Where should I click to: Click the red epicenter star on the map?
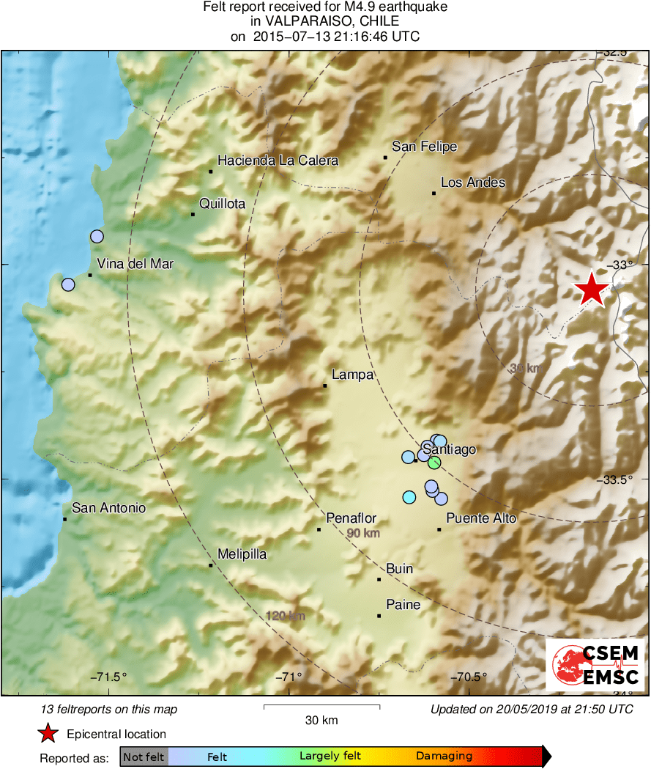[591, 290]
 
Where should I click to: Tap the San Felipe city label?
[424, 147]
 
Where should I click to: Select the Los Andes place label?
[472, 183]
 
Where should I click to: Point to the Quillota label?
[222, 204]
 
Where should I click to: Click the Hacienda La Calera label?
[278, 161]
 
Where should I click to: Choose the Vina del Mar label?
[135, 264]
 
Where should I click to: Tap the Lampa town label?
[352, 375]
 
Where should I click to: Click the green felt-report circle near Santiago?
[434, 462]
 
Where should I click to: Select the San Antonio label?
[108, 508]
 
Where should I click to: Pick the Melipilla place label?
[242, 555]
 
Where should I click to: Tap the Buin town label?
[399, 569]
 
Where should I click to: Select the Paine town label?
[403, 605]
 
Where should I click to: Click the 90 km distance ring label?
[363, 533]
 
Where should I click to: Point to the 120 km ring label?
[286, 616]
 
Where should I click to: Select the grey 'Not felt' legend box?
[144, 757]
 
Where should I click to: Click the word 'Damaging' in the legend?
[444, 757]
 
